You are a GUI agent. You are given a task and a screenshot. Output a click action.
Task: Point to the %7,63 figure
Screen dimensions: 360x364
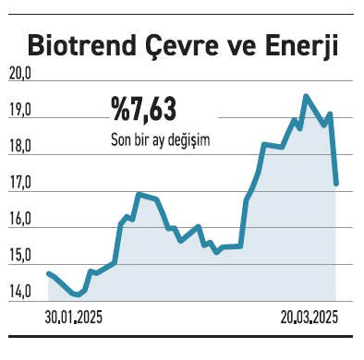(x=143, y=112)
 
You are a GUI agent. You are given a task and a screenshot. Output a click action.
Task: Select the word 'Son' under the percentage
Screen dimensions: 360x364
(x=120, y=138)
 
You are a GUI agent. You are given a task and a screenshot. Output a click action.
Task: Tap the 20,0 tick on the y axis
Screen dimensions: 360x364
(x=19, y=75)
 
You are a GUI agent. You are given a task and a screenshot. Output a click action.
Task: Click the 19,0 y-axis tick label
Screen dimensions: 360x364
(x=19, y=111)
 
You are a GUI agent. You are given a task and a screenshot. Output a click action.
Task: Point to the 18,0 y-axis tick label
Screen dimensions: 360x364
(x=19, y=147)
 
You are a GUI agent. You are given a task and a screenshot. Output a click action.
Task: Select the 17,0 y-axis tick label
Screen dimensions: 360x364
(x=19, y=184)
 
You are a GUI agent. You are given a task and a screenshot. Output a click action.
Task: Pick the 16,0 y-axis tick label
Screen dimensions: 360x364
(x=19, y=220)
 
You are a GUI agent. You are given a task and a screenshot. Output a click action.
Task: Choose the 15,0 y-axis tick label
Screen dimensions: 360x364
(x=19, y=256)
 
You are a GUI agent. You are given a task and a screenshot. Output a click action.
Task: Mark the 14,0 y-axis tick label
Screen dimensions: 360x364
(x=19, y=292)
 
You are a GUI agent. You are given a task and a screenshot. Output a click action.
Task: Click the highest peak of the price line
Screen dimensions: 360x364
(x=306, y=96)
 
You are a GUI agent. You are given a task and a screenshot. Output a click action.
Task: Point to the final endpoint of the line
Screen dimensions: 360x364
(x=336, y=184)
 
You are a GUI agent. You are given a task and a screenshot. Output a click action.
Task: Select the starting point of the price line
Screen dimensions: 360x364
(x=48, y=273)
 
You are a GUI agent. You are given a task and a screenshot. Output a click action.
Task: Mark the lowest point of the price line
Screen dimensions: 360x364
(x=76, y=295)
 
